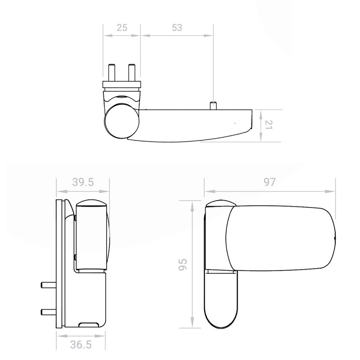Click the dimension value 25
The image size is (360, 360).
click(x=121, y=27)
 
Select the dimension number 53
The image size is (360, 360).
click(x=176, y=27)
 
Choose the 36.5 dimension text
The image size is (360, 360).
click(x=82, y=346)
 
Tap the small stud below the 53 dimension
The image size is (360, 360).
click(x=213, y=105)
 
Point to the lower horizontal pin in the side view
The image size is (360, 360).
click(x=48, y=311)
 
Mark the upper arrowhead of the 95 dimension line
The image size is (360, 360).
click(x=193, y=204)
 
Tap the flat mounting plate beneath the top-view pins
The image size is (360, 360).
click(x=121, y=84)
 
